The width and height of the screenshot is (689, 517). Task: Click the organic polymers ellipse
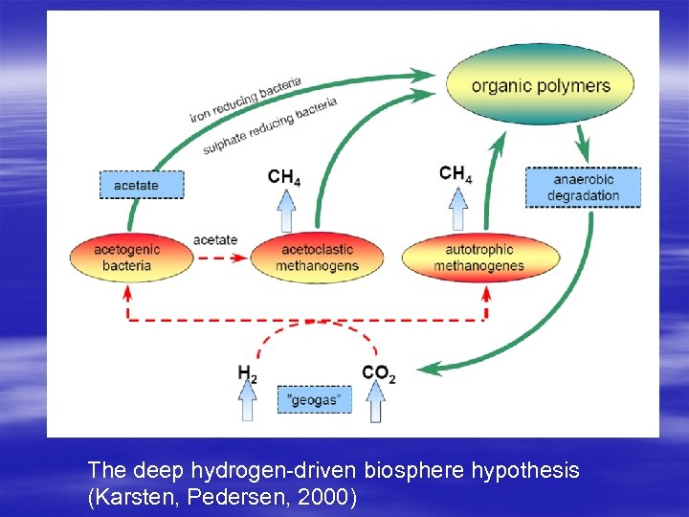[541, 84]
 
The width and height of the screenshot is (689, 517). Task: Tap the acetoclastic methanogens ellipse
[317, 258]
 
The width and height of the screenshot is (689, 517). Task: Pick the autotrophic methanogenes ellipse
[478, 257]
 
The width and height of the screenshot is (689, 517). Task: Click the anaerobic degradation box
[583, 188]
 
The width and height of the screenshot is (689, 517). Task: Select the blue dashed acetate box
[142, 184]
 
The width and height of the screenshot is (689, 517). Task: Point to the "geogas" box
[314, 399]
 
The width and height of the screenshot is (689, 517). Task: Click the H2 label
[248, 374]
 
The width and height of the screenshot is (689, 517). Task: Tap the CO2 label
[378, 374]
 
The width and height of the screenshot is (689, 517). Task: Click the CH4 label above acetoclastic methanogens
[285, 176]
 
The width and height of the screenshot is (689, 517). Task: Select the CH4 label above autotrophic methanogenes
[456, 173]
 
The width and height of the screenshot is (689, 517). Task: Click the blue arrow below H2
[248, 403]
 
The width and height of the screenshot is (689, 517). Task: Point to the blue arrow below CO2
[376, 403]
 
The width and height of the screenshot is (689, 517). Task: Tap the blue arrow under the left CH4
[285, 210]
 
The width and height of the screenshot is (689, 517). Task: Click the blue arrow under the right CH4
[457, 208]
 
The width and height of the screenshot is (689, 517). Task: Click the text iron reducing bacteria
[246, 100]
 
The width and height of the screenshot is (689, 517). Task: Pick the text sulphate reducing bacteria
[270, 126]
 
